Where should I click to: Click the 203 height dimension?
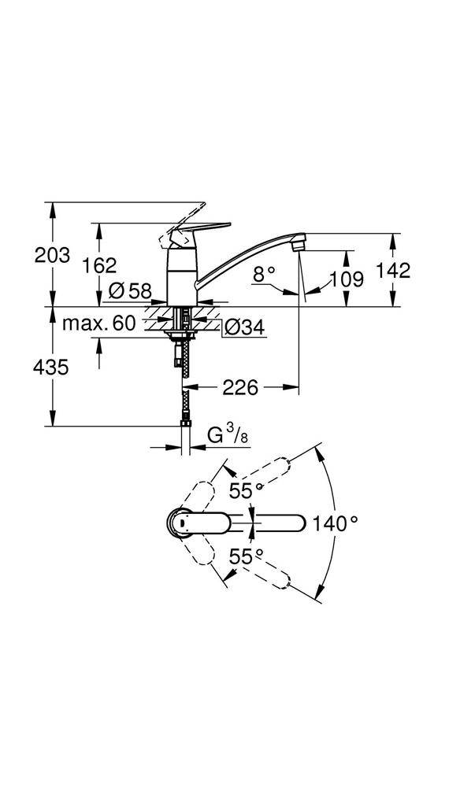[x=53, y=255]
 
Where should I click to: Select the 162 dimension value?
[x=100, y=265]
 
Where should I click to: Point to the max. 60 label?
[x=99, y=323]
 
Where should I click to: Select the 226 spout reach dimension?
[x=241, y=387]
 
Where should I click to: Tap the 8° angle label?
[x=265, y=274]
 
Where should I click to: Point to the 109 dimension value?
[x=347, y=279]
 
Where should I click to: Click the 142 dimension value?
[x=395, y=271]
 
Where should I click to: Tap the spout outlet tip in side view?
[x=297, y=245]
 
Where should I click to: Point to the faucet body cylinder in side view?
[x=182, y=275]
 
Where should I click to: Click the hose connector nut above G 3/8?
[x=184, y=427]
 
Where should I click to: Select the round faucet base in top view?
[x=180, y=522]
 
